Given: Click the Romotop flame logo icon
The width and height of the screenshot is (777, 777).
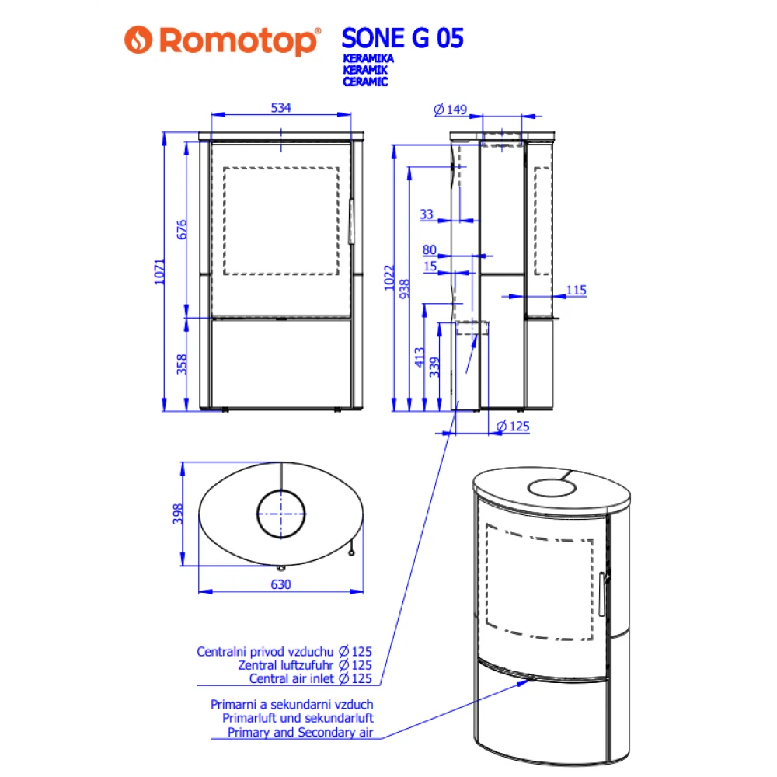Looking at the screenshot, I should point(139,40).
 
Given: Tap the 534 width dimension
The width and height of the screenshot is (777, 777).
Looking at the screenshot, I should point(280,109).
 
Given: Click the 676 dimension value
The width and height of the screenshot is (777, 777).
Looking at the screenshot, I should point(183,229).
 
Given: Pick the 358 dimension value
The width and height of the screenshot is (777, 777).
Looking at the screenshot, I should point(183,364).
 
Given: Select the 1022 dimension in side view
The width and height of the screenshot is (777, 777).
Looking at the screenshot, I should point(390,278).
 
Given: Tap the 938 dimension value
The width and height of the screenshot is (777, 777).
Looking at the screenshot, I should point(404,289).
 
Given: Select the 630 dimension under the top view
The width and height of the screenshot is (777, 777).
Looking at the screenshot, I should point(280,584).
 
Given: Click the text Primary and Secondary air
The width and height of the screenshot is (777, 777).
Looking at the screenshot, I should point(300,732).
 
